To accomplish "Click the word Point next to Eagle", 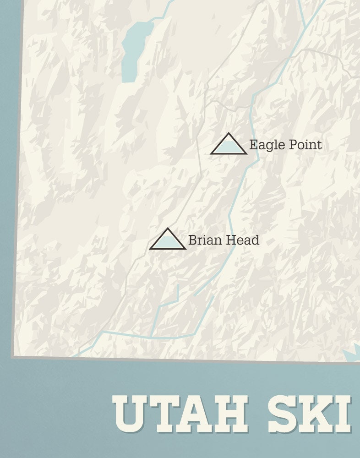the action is pyautogui.click(x=304, y=145).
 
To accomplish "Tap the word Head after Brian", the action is pyautogui.click(x=243, y=240).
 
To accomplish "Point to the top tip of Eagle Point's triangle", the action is pyautogui.click(x=229, y=134).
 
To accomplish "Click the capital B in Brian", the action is pyautogui.click(x=192, y=240).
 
